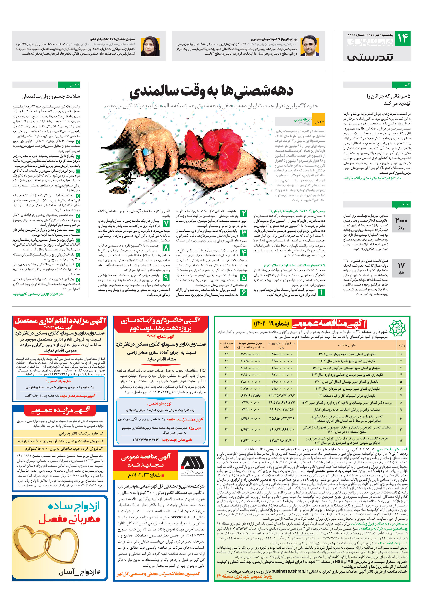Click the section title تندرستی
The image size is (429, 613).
(370, 57)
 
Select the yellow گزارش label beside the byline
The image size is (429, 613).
(319, 122)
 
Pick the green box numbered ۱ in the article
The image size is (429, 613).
(321, 292)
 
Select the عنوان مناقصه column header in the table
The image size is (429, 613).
(347, 345)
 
